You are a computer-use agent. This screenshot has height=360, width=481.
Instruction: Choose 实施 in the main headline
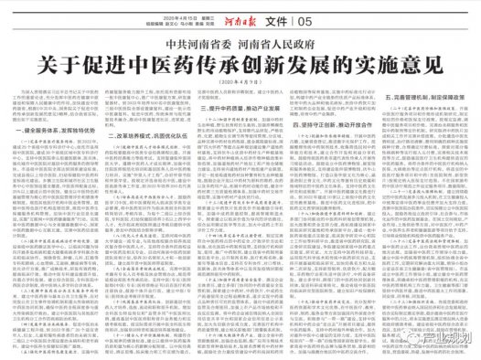374,66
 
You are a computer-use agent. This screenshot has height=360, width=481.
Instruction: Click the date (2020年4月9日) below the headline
240,86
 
